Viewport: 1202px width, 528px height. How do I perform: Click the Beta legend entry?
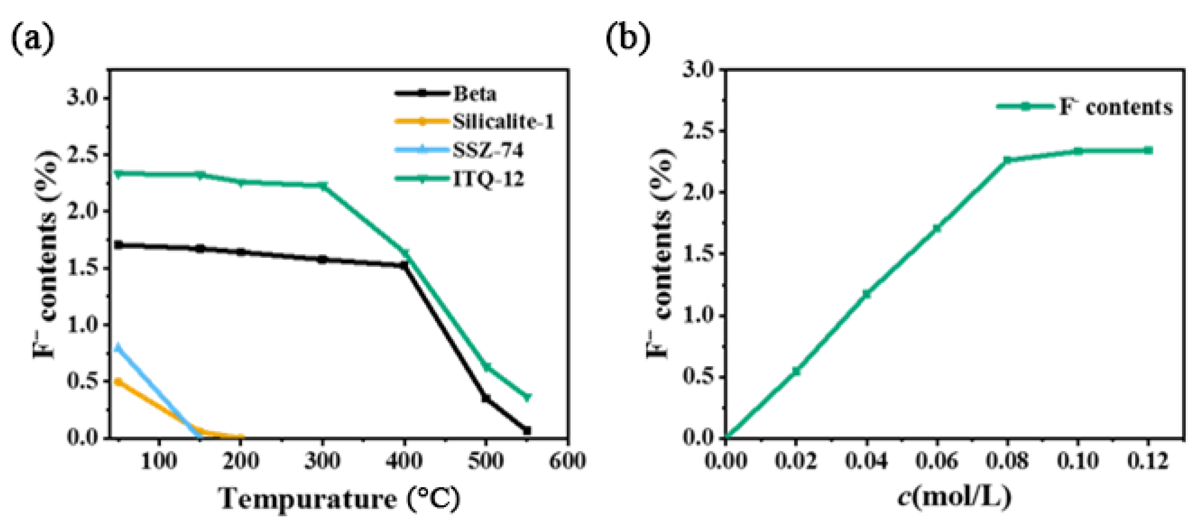[x=474, y=94]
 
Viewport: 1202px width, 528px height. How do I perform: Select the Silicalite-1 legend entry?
[x=503, y=122]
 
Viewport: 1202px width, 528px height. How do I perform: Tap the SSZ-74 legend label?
[x=488, y=150]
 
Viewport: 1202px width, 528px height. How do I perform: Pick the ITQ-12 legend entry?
[x=488, y=179]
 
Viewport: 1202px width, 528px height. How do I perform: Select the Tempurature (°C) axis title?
[x=339, y=499]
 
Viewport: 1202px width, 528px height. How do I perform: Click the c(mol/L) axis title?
[x=954, y=497]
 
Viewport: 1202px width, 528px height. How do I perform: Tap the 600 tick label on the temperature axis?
[x=567, y=461]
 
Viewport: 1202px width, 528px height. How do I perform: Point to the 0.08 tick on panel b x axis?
[x=1007, y=461]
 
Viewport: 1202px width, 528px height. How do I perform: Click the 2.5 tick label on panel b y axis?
[x=699, y=131]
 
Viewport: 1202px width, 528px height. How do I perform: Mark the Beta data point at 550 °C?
[x=527, y=431]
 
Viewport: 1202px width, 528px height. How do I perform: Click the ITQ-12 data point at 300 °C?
[x=322, y=186]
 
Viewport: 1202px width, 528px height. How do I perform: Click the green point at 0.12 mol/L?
[x=1148, y=150]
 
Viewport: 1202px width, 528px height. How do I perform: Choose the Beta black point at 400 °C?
[x=404, y=265]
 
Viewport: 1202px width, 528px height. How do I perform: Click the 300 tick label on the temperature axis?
[x=322, y=461]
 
